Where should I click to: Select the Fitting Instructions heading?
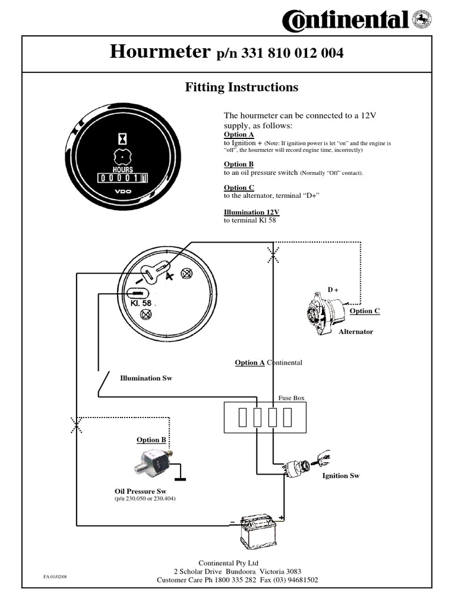click(241, 87)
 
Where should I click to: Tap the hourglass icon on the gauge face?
click(122, 138)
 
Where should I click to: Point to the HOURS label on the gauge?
click(122, 169)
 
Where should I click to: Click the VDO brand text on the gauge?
click(123, 192)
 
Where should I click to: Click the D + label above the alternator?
click(333, 289)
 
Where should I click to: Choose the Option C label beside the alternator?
click(365, 311)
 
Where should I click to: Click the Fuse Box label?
click(291, 399)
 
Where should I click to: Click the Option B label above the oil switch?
click(151, 440)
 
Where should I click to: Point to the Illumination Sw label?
click(147, 377)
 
